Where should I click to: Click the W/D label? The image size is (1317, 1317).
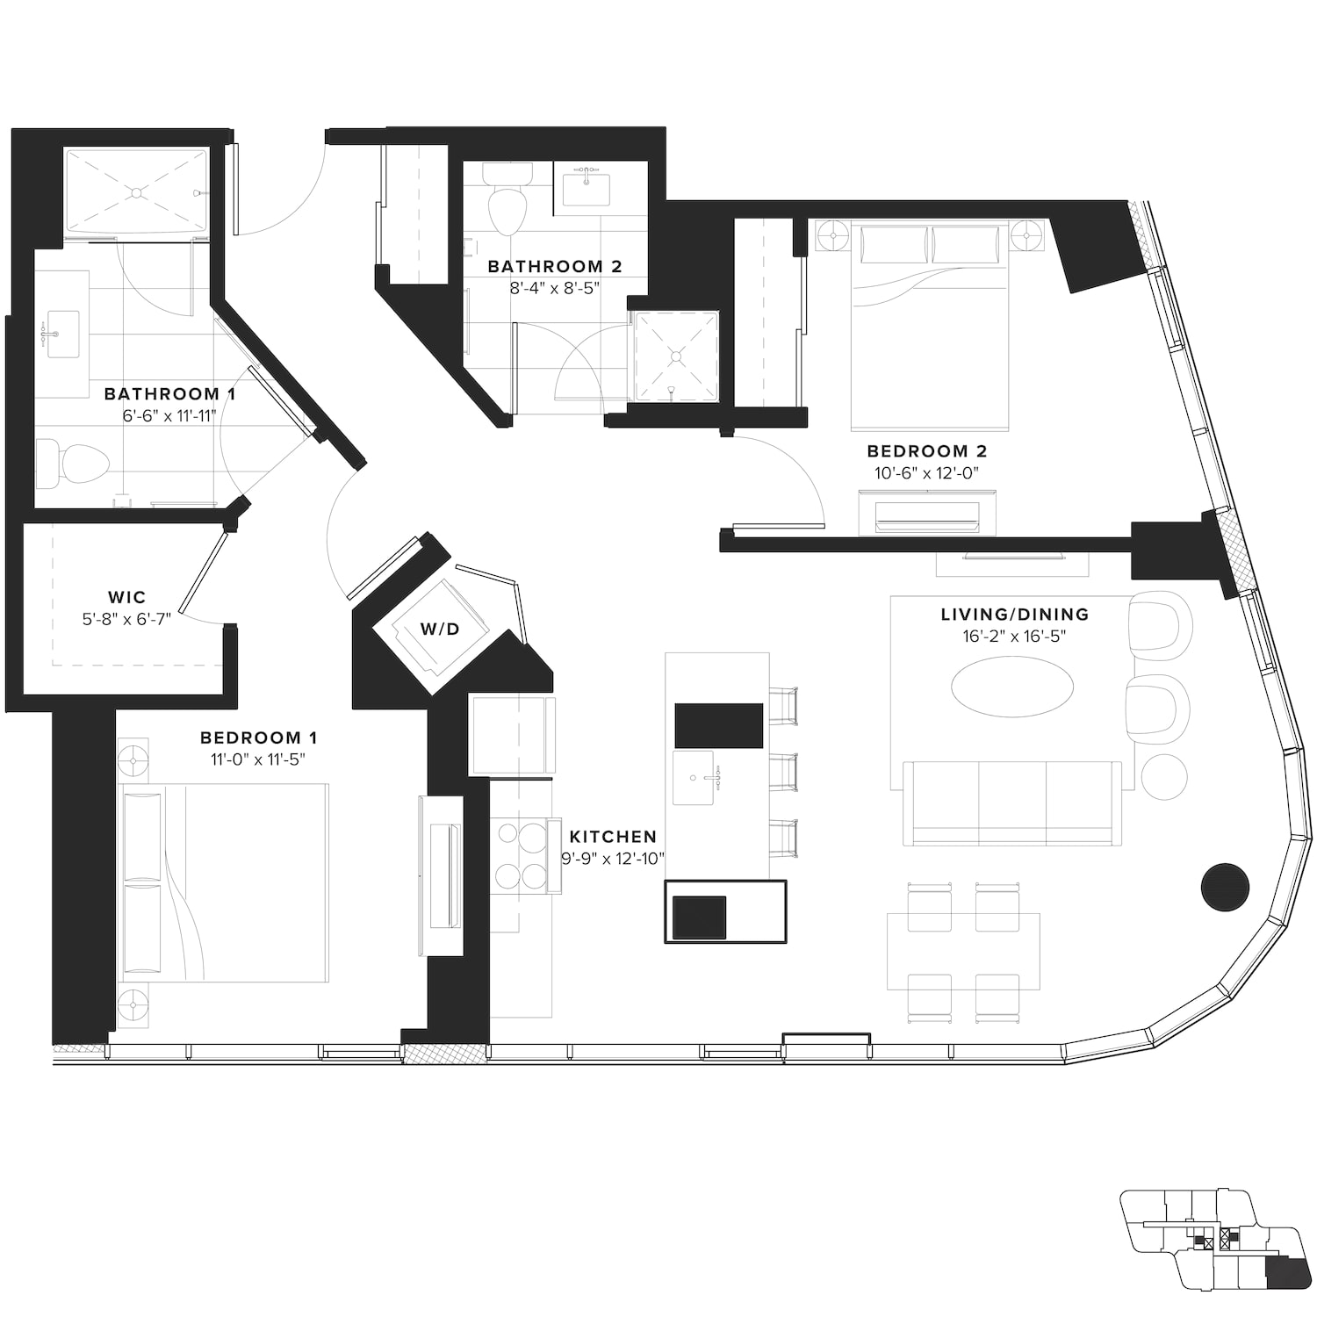pos(439,629)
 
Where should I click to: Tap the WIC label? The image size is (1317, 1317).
pos(127,598)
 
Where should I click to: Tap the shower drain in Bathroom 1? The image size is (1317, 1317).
pos(137,191)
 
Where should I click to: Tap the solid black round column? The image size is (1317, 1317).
pos(1225,887)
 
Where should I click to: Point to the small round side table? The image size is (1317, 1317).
pos(1164,776)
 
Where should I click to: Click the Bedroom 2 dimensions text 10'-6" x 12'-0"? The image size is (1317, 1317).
pos(926,473)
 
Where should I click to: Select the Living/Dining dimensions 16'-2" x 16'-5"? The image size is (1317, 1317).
pos(1014,637)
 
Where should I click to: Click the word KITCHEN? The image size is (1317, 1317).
pos(613,837)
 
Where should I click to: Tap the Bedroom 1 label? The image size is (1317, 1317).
pos(259,738)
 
